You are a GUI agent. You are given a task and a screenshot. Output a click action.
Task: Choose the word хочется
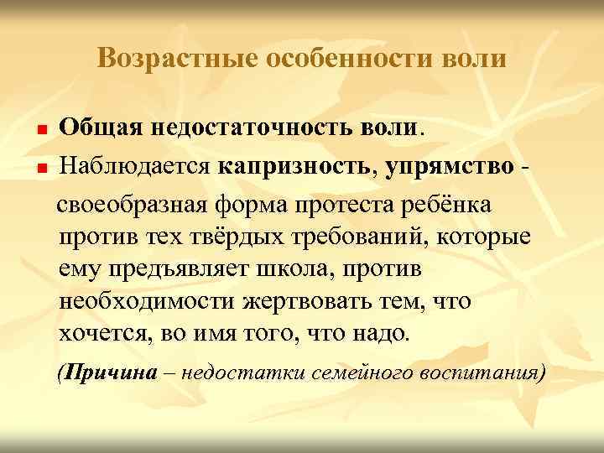100,334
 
